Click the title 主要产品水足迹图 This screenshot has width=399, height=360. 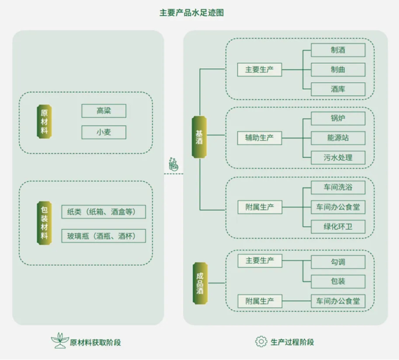click(x=191, y=13)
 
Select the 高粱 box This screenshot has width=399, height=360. click(x=104, y=111)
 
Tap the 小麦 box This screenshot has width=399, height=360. click(x=104, y=132)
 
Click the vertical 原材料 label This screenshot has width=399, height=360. click(x=44, y=121)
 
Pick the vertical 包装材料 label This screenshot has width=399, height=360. click(x=44, y=223)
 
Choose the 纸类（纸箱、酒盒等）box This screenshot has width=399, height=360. click(x=104, y=212)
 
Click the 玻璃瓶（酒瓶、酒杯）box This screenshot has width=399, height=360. click(x=104, y=236)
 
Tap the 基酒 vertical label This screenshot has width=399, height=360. click(x=199, y=137)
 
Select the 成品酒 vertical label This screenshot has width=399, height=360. click(x=200, y=283)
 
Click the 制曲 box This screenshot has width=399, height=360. click(x=338, y=69)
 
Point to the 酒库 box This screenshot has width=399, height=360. click(x=338, y=89)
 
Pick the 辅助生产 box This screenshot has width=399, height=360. click(x=260, y=138)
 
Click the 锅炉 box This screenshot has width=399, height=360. click(x=338, y=118)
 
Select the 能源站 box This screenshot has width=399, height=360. click(x=338, y=138)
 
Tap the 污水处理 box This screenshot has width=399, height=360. click(x=338, y=158)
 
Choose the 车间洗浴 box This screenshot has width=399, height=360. click(x=338, y=187)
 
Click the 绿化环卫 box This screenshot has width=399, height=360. click(x=338, y=227)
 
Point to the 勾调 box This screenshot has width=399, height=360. click(x=338, y=262)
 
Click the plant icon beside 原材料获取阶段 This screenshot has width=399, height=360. click(x=60, y=340)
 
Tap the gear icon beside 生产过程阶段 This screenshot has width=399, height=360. click(x=261, y=341)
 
